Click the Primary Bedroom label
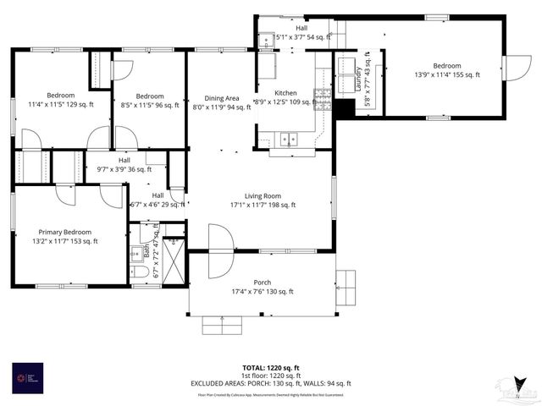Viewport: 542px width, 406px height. pos(66,236)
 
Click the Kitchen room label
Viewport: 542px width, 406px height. pos(285,97)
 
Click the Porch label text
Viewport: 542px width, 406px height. pos(262,288)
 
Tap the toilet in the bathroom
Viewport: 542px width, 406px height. pos(141,272)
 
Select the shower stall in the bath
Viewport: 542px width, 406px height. pos(173,259)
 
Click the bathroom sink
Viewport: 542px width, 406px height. pos(136,253)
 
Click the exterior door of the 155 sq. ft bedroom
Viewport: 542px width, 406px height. pos(515,68)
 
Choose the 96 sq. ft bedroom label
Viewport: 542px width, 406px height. pos(149,101)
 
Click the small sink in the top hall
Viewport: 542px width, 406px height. pos(266,38)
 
